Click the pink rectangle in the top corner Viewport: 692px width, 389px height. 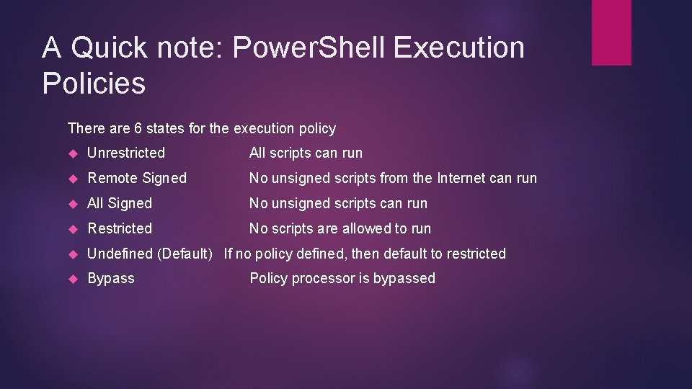tap(611, 32)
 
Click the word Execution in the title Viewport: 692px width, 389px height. tap(459, 48)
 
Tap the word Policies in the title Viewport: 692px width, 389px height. tap(94, 83)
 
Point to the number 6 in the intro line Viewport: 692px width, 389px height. tap(138, 128)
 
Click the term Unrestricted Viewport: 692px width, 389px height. tap(126, 153)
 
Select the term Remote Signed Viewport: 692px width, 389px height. tap(137, 178)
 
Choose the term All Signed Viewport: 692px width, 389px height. tap(120, 203)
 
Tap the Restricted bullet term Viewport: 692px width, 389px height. tap(120, 228)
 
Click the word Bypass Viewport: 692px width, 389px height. tap(111, 278)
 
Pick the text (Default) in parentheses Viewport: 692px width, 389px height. tap(184, 254)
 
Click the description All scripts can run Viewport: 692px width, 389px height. tap(306, 153)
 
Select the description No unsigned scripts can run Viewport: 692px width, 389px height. tap(338, 203)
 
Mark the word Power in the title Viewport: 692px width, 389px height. tap(275, 48)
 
